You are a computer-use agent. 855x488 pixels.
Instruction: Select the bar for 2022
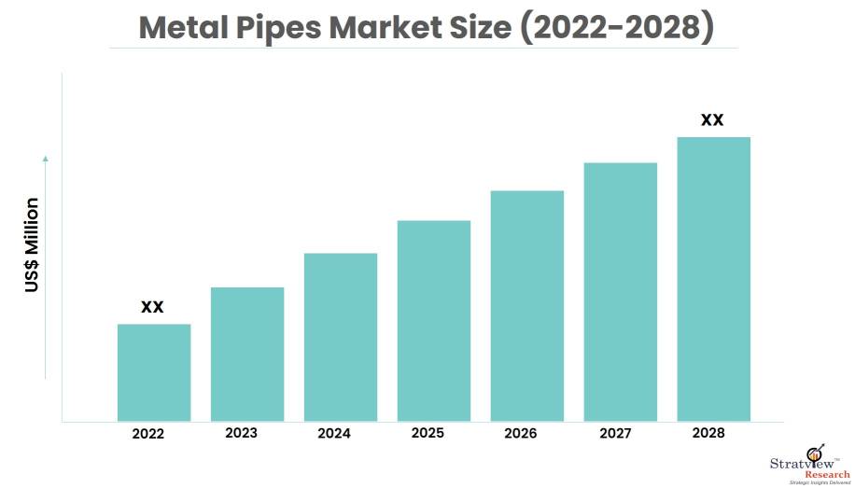[x=154, y=372]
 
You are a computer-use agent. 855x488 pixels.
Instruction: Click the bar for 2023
[x=247, y=354]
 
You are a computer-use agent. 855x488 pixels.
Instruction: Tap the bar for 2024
[x=341, y=337]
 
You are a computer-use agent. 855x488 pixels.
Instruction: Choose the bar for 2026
[x=527, y=305]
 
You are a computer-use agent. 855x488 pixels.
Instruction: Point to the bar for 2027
[x=621, y=291]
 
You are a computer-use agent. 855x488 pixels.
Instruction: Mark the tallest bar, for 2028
[x=714, y=278]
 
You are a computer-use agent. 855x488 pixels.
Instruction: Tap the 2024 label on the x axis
[x=334, y=434]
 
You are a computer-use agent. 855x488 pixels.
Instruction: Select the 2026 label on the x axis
[x=521, y=434]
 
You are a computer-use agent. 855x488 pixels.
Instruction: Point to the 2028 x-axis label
[x=708, y=434]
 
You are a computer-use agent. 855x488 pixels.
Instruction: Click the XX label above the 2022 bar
[x=152, y=307]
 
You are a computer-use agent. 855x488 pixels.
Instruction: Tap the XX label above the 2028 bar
[x=712, y=120]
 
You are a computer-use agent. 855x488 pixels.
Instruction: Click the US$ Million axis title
[x=33, y=244]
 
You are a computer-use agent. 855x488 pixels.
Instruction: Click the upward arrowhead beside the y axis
[x=45, y=160]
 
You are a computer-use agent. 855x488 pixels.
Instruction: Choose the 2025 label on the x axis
[x=427, y=434]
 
